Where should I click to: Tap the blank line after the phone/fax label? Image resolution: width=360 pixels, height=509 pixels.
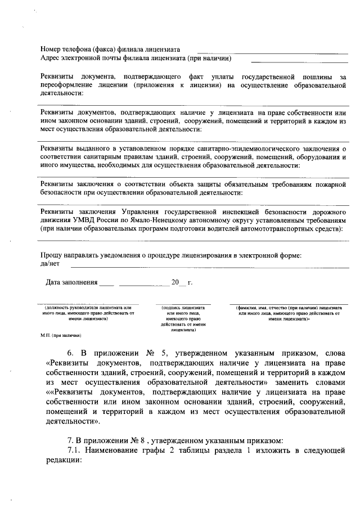click(x=272, y=52)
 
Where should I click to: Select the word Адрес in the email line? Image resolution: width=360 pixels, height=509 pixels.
click(x=51, y=58)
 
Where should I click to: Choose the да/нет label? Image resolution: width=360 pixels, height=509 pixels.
click(x=50, y=263)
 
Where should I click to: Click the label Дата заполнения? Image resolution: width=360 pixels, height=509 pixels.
click(x=72, y=282)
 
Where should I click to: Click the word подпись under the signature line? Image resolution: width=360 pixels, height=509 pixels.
click(x=170, y=308)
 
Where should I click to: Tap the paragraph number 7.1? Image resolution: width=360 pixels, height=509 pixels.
click(x=76, y=451)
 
